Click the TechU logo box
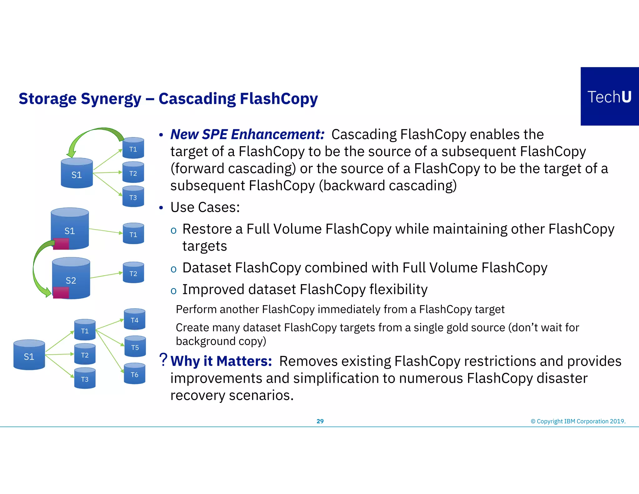pyautogui.click(x=609, y=96)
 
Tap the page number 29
pyautogui.click(x=320, y=421)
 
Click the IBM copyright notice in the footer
pyautogui.click(x=578, y=421)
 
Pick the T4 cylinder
pyautogui.click(x=134, y=319)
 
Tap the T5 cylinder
pyautogui.click(x=135, y=346)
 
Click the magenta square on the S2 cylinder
pyautogui.click(x=61, y=293)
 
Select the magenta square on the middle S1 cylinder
pyautogui.click(x=61, y=244)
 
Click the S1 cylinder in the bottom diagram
pyautogui.click(x=29, y=355)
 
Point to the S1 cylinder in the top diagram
pyautogui.click(x=77, y=173)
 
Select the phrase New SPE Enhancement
pyautogui.click(x=247, y=134)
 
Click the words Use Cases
pyautogui.click(x=205, y=207)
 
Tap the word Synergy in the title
pyautogui.click(x=111, y=99)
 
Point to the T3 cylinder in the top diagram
pyautogui.click(x=133, y=196)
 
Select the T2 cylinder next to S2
pyautogui.click(x=133, y=273)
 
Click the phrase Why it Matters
pyautogui.click(x=221, y=361)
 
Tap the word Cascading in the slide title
pyautogui.click(x=197, y=99)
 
